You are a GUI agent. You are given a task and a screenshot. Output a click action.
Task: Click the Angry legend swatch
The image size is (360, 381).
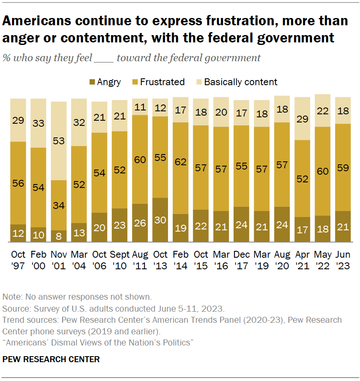click(92, 82)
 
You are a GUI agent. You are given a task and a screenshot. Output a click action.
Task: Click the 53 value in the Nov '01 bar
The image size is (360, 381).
click(59, 141)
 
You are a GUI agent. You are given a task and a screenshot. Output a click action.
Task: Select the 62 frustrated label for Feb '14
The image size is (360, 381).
click(180, 162)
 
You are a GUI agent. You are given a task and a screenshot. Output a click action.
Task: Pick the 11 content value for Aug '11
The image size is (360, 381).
click(140, 107)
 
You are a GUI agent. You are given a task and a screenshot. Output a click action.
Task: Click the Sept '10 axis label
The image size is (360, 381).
click(120, 260)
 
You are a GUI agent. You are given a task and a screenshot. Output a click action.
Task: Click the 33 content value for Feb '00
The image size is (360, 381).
click(39, 123)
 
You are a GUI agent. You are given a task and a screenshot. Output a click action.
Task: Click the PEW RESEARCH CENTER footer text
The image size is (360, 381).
click(51, 359)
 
